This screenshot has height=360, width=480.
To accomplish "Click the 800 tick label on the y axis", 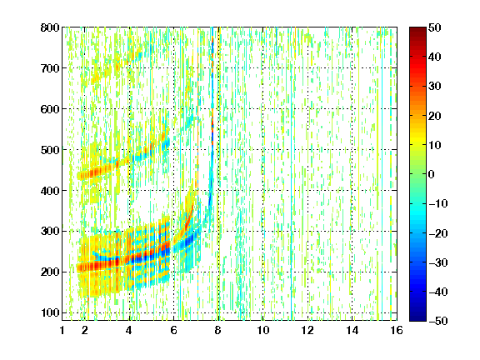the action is coord(50,27).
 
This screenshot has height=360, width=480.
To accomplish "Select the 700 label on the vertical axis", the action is coord(50,68).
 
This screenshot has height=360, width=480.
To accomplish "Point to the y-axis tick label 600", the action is coord(50,109).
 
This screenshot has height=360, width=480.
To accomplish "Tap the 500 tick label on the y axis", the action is coord(50,150).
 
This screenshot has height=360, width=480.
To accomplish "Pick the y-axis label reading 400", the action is coord(50,191).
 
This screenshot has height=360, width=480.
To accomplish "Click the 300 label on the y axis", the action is coord(50,231).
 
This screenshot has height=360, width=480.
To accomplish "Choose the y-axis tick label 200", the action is coord(50,272).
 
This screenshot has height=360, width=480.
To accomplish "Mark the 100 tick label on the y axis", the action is coord(50,312).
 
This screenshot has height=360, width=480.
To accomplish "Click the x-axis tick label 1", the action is coord(62,330).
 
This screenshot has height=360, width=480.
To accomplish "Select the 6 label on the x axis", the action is coord(173,330).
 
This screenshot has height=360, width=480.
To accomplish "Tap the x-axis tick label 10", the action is coord(263,330).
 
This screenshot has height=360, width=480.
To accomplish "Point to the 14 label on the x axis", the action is coord(352,330).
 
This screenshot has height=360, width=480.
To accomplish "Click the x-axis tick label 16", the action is coord(397,330).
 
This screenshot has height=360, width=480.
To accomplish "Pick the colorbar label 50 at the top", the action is coord(434,27).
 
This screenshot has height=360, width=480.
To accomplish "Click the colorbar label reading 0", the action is coord(432,174).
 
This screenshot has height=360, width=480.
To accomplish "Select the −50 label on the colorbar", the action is coord(438,321).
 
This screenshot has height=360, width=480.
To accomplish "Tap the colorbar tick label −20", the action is coord(438,233).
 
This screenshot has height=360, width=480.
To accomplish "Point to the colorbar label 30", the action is coord(434,87).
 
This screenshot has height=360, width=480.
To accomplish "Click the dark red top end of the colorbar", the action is coord(417,29).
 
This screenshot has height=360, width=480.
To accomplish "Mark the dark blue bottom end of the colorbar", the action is coord(417,318).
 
